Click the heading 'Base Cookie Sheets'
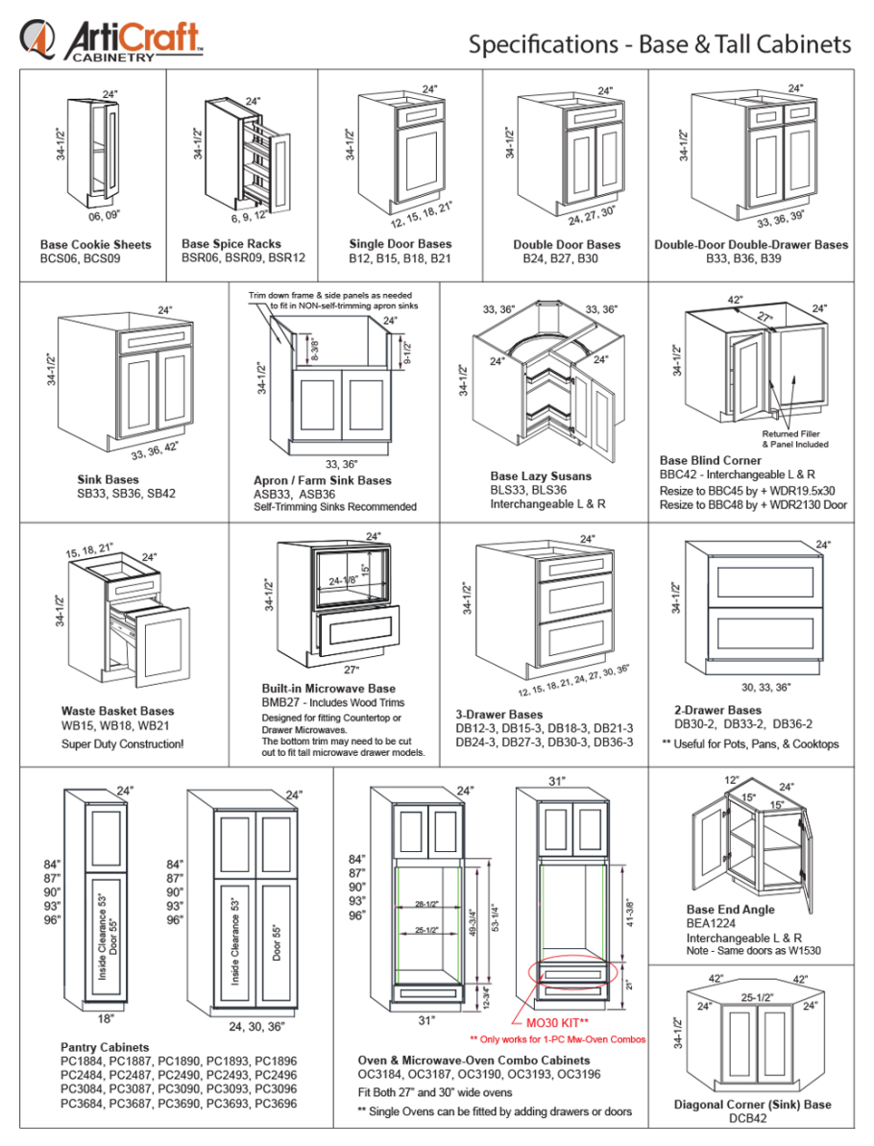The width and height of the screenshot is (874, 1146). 95,244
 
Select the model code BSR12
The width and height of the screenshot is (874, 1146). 287,258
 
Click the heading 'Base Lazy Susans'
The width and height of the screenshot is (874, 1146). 541,475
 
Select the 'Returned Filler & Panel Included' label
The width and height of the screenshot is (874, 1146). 795,439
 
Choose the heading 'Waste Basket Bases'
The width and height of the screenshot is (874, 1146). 117,712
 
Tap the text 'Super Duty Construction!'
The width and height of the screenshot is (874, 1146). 122,744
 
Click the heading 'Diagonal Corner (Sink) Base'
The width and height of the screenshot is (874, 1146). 752,1105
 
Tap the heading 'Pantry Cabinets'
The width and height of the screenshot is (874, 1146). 105,1047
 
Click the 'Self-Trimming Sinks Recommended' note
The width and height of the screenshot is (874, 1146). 335,506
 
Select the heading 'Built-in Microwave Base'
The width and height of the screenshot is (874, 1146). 328,689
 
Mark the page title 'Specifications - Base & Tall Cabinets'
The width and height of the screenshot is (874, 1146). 660,44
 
